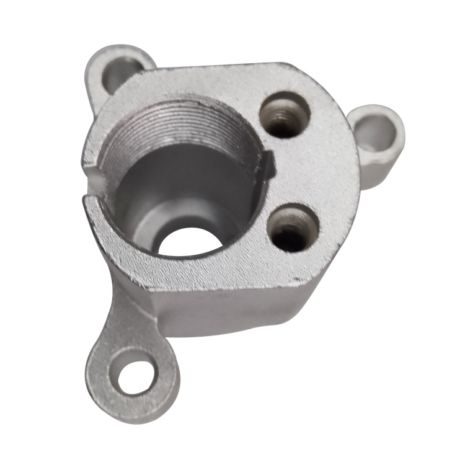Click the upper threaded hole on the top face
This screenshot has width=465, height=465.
click(x=285, y=115)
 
